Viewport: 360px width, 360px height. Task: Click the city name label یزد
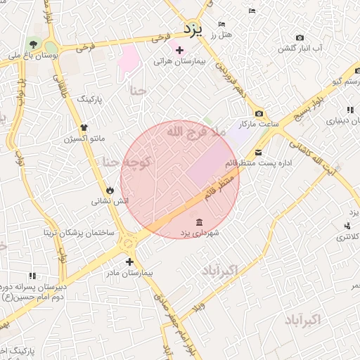coord(192,30)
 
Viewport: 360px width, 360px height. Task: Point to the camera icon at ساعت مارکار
coord(259,114)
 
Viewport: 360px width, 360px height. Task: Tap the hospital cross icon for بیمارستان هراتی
coord(179,50)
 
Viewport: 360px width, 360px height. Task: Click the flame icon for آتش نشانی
coord(110,190)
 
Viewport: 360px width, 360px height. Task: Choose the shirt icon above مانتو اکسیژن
coord(84,127)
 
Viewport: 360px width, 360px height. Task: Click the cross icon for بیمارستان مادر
coord(129,262)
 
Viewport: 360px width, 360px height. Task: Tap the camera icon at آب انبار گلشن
coord(300,37)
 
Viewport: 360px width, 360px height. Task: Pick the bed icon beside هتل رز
coord(222,24)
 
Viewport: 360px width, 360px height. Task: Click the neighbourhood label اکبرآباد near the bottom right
coord(302,320)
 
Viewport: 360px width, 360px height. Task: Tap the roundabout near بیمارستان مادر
coord(128,242)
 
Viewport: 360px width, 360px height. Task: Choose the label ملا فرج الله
coord(196,131)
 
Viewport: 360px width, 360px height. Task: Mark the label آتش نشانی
coord(110,201)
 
